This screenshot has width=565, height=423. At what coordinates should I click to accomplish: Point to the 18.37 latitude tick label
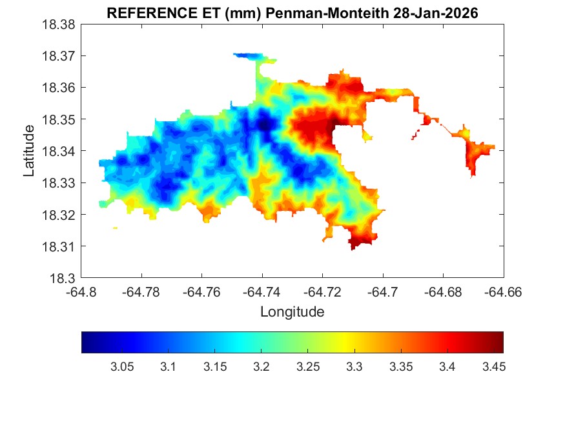pyautogui.click(x=60, y=56)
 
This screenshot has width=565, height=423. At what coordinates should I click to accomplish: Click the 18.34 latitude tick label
pyautogui.click(x=60, y=152)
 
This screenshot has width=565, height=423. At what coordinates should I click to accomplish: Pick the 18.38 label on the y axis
pyautogui.click(x=60, y=25)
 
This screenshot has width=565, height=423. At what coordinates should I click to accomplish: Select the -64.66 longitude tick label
pyautogui.click(x=503, y=291)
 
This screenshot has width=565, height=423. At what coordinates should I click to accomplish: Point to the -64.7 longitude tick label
pyautogui.click(x=384, y=291)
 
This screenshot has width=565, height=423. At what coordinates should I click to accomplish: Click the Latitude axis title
pyautogui.click(x=29, y=152)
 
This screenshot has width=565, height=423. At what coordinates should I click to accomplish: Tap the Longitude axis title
pyautogui.click(x=292, y=312)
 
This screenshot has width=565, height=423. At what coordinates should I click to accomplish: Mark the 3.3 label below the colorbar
pyautogui.click(x=354, y=367)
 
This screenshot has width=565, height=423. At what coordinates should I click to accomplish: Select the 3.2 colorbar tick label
pyautogui.click(x=261, y=367)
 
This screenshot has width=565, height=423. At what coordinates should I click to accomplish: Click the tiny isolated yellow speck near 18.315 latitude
pyautogui.click(x=115, y=228)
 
